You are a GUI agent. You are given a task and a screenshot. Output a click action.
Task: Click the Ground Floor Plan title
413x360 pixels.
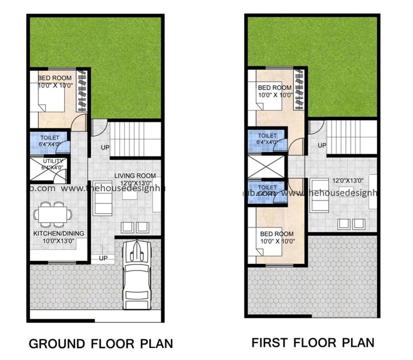pos(101,344)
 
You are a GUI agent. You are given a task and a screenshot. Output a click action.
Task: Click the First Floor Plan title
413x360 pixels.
pos(312,343)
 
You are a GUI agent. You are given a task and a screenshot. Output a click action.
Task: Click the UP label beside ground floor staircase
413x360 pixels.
pos(105,148)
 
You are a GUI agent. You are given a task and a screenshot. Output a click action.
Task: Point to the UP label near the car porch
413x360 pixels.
pos(103,258)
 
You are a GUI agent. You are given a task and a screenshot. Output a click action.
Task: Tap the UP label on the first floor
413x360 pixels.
pos(322,145)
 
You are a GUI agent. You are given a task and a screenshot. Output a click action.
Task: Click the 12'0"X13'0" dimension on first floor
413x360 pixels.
pos(340,181)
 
